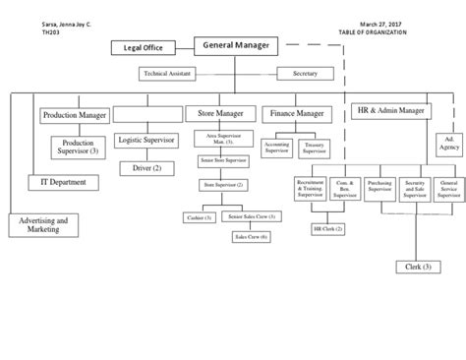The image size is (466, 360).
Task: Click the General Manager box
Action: coord(237,45)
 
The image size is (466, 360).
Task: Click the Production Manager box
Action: coord(75,114)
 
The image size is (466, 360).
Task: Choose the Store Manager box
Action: coord(218,114)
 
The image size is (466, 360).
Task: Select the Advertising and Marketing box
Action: coord(42,226)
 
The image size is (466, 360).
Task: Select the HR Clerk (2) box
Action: coord(327,228)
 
